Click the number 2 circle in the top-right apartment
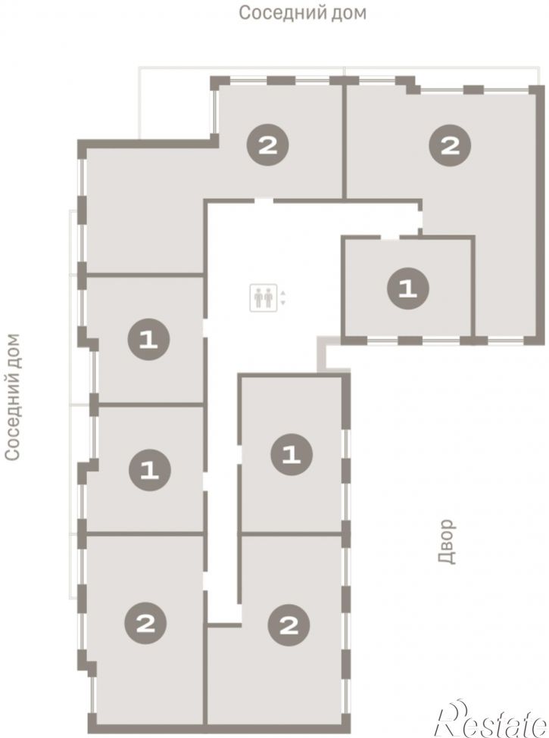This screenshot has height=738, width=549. coord(450,145)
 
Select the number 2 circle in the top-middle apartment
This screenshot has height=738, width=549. coord(268,145)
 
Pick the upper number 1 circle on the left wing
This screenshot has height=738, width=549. coord(148,339)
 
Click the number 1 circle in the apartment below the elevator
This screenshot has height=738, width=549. coord(292,454)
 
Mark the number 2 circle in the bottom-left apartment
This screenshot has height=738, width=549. coord(145,624)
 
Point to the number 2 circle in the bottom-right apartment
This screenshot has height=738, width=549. coord(289,625)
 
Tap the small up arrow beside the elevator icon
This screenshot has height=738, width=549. coord(282,293)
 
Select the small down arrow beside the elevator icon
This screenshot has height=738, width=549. coord(282,303)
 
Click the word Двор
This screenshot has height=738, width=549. coord(446,541)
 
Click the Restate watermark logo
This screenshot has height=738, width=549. coord(491,719)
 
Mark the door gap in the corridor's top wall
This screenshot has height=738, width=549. coord(264,201)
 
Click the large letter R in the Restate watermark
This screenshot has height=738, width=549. coord(453,719)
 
